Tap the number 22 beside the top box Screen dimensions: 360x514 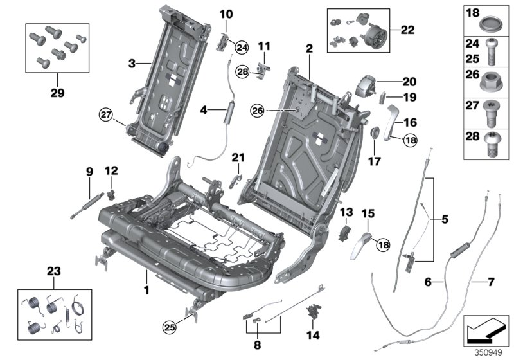tap(407, 30)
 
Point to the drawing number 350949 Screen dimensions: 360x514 tap(488, 352)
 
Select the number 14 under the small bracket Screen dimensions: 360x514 tap(314, 334)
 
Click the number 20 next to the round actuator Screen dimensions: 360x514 tap(409, 82)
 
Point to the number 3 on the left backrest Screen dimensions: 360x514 tap(131, 64)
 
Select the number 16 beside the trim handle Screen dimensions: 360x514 tap(410, 122)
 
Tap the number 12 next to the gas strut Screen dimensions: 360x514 tap(112, 170)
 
